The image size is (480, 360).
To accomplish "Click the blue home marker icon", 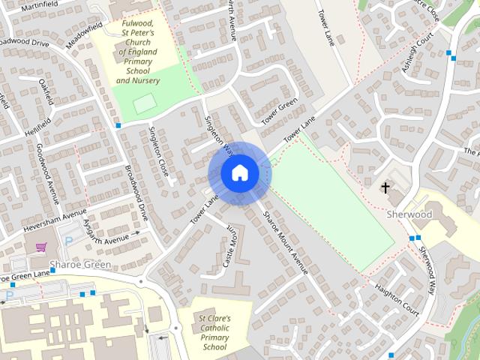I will click(239, 172).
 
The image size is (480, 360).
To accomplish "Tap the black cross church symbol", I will click(386, 187).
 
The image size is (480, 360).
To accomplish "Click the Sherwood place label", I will click(409, 214).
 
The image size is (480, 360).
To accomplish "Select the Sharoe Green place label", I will click(79, 265).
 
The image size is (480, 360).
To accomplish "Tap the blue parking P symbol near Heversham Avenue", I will click(70, 241).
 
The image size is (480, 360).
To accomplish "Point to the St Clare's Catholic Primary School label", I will click(214, 332).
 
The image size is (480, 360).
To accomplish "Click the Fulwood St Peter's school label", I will click(138, 52).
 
